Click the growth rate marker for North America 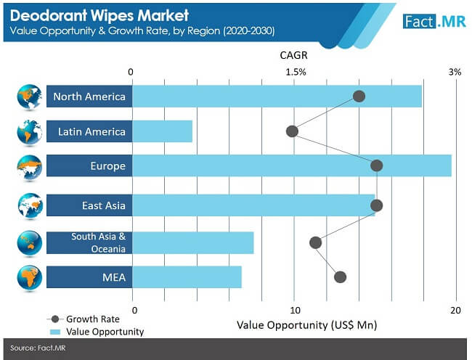359,97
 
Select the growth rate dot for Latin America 292,131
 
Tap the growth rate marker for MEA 340,277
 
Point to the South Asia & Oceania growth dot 315,242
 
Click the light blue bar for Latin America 163,131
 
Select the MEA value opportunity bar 187,277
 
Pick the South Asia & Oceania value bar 192,242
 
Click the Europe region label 107,166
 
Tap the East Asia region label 104,206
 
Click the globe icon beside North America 29,97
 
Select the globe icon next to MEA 29,277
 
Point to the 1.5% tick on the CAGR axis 296,72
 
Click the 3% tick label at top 455,72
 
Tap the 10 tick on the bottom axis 294,311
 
